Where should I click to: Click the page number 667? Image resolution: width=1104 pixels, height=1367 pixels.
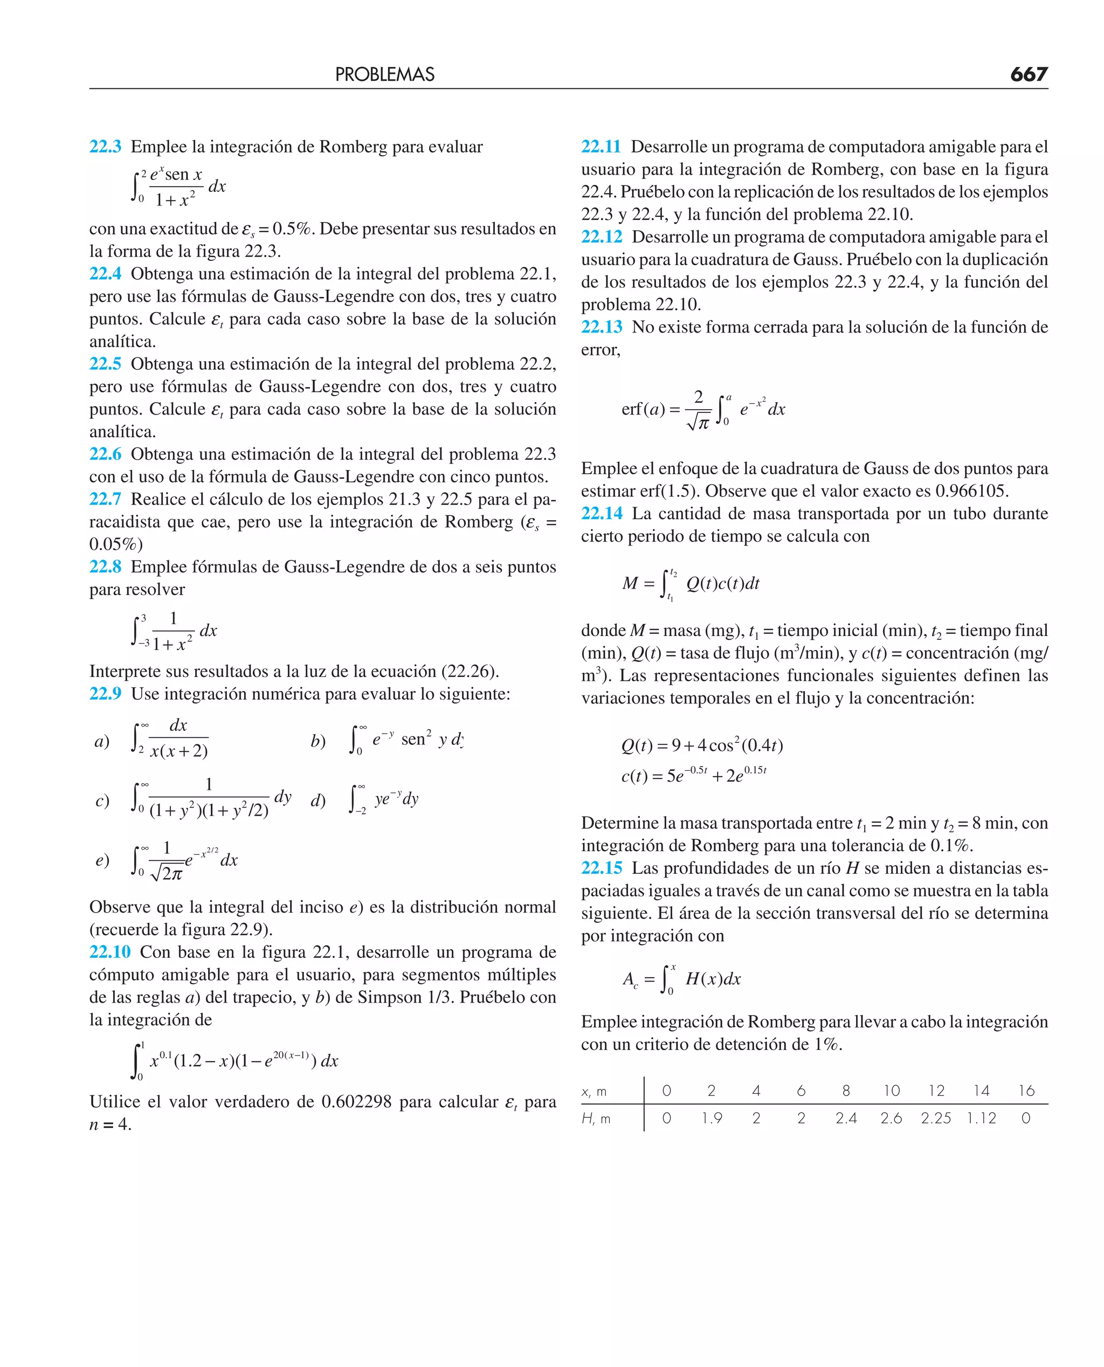click(1029, 74)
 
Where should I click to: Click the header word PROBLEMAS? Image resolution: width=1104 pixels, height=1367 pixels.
click(385, 74)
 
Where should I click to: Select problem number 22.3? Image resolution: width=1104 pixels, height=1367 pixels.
click(105, 147)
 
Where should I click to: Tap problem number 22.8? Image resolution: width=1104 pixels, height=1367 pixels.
click(105, 567)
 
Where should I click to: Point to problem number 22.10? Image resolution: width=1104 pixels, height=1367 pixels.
click(109, 952)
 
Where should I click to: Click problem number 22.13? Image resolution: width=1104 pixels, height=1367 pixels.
click(601, 327)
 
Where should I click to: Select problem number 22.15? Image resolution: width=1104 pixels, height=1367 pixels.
click(601, 868)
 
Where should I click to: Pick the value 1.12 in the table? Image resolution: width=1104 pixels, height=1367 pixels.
click(981, 1119)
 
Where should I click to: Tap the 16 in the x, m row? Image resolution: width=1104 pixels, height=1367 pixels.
click(1026, 1091)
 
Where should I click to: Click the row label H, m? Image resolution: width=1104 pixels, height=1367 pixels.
click(596, 1119)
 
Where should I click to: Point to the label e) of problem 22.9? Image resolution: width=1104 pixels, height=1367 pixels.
click(102, 860)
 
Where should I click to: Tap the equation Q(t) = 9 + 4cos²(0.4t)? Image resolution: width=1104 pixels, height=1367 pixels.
click(701, 745)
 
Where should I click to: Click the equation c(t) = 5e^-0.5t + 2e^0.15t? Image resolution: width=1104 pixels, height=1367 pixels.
click(693, 776)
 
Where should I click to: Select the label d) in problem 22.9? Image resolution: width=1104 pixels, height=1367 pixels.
click(318, 800)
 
